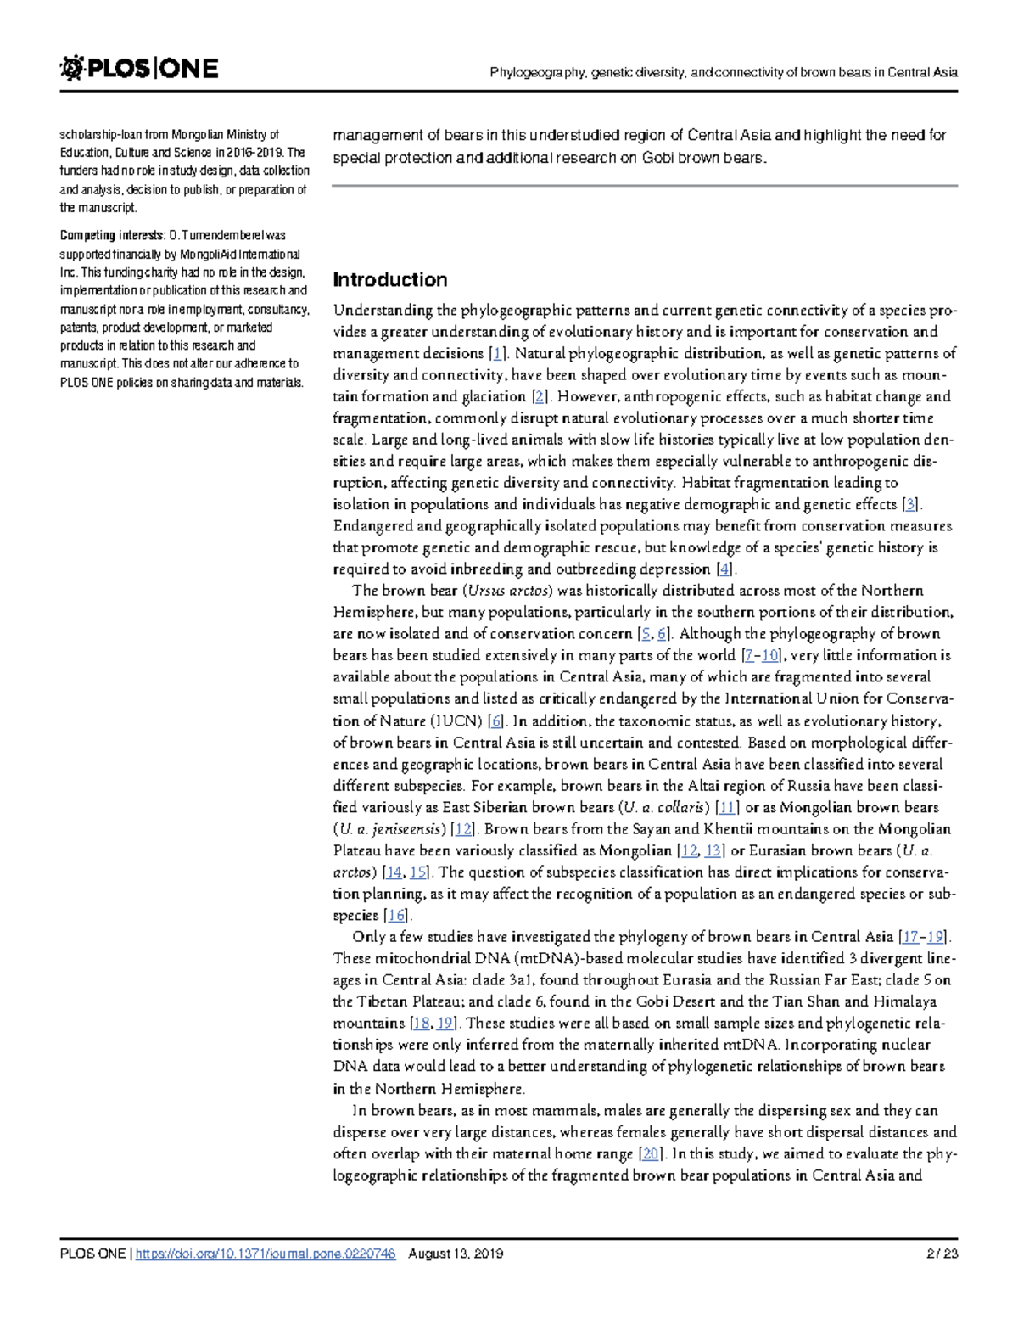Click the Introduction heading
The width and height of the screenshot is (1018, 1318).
(389, 280)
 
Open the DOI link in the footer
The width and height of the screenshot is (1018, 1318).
(266, 1254)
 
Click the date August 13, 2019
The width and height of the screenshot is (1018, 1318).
(456, 1254)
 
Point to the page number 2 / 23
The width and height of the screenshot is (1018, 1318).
(942, 1254)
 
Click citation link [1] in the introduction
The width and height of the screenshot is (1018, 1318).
(499, 354)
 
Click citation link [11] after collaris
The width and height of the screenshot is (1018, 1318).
(727, 807)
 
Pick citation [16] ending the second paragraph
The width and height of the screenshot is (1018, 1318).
(395, 916)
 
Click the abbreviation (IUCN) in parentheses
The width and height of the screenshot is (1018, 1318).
(457, 721)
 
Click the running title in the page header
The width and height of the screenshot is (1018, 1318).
(723, 72)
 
